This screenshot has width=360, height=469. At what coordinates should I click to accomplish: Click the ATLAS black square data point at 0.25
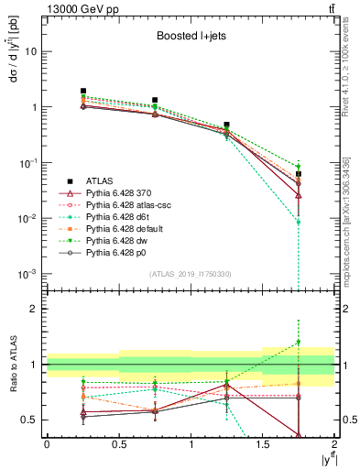point(82,92)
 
